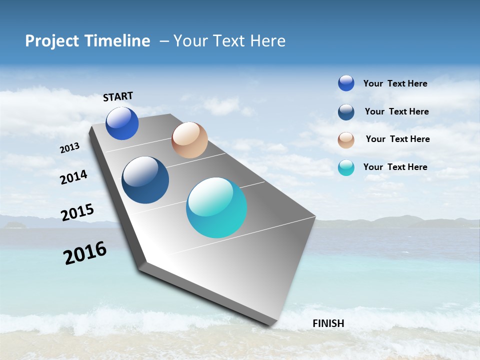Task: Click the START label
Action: pyautogui.click(x=118, y=96)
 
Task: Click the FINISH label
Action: pyautogui.click(x=328, y=323)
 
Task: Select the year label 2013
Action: pyautogui.click(x=69, y=148)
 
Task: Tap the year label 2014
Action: pyautogui.click(x=73, y=177)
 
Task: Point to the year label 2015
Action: pyautogui.click(x=77, y=212)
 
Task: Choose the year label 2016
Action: pyautogui.click(x=85, y=253)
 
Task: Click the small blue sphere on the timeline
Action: pyautogui.click(x=122, y=123)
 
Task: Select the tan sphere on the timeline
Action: pyautogui.click(x=189, y=140)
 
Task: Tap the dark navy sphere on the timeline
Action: pyautogui.click(x=145, y=180)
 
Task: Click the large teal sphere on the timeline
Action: pyautogui.click(x=216, y=207)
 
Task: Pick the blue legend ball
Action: pyautogui.click(x=346, y=83)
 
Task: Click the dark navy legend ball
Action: pyautogui.click(x=346, y=112)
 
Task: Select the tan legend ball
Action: pyautogui.click(x=346, y=140)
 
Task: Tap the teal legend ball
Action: pyautogui.click(x=346, y=167)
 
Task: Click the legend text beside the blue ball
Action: pyautogui.click(x=395, y=83)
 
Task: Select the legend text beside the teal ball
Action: pyautogui.click(x=395, y=167)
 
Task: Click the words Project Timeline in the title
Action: pyautogui.click(x=87, y=41)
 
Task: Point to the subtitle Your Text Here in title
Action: pyautogui.click(x=229, y=41)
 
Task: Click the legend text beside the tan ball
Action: pyautogui.click(x=397, y=139)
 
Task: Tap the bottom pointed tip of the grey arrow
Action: pyautogui.click(x=270, y=325)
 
